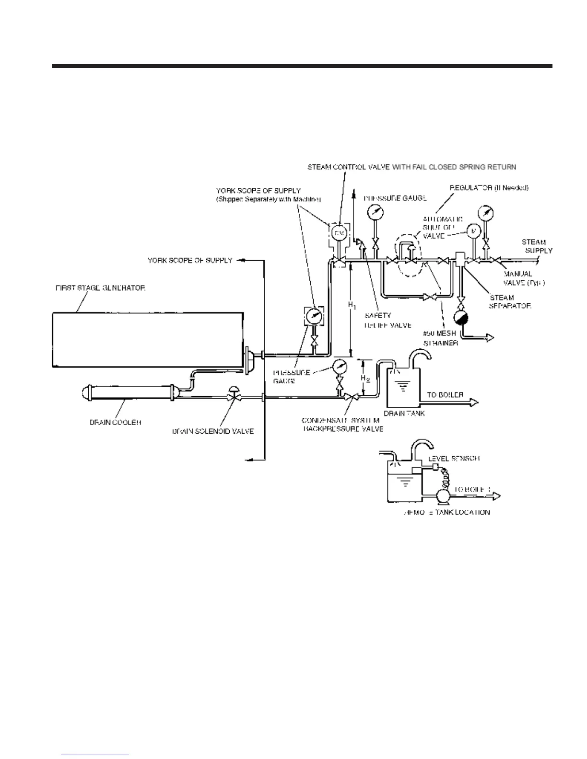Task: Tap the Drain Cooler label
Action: [115, 423]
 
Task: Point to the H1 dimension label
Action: [352, 305]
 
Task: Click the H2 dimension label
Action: [365, 379]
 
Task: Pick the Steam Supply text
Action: [536, 246]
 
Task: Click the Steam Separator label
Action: [510, 301]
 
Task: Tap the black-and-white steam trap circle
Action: [461, 319]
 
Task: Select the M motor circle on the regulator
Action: [473, 231]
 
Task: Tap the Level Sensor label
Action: [454, 459]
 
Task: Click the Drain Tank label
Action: [404, 413]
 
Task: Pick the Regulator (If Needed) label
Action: [489, 188]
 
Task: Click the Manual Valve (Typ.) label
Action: [524, 278]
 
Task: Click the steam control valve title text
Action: [411, 167]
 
